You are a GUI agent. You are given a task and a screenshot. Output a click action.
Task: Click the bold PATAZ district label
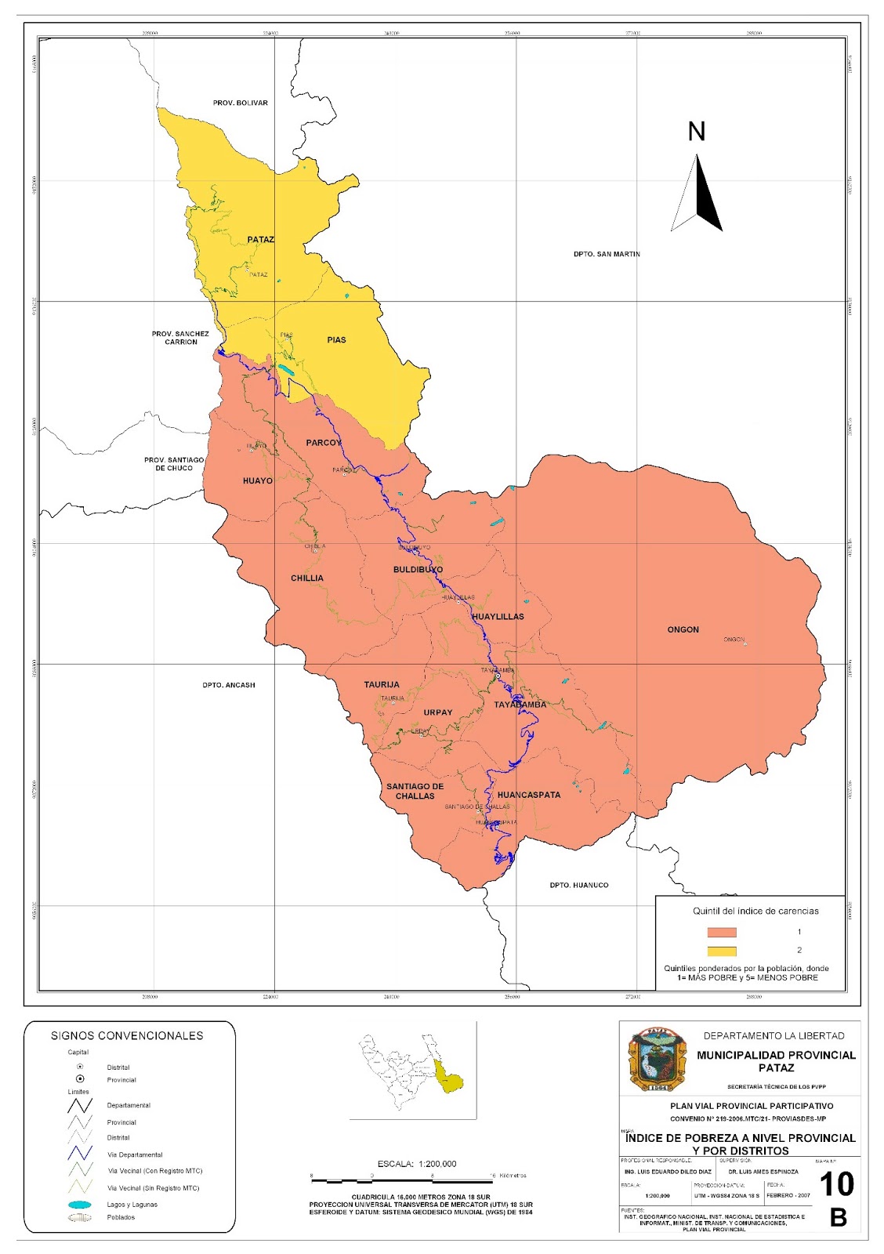260,240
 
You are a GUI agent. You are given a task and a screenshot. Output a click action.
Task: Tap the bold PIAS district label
336,340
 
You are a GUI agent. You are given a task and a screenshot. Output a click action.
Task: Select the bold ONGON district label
683,630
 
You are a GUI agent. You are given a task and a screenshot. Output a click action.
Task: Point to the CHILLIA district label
306,578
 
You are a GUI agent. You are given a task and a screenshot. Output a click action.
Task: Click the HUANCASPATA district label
529,795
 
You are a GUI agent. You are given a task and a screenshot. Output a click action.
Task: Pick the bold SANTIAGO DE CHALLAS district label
415,792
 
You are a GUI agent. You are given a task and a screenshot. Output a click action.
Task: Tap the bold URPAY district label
437,713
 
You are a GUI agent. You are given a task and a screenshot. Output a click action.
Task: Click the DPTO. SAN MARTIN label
606,254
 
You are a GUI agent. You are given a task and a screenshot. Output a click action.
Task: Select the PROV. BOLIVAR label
240,103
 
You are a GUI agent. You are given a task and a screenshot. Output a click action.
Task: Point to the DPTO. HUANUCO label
578,886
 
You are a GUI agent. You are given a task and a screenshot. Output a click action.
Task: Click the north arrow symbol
697,193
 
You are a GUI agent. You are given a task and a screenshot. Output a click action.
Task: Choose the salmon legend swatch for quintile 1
721,933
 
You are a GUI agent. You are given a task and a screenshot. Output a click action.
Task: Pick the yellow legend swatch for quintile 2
721,951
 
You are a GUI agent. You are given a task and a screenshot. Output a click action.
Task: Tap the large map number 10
836,1184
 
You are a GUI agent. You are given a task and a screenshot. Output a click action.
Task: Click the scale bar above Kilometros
402,1180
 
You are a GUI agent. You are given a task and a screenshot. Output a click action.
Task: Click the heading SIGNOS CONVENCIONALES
127,1036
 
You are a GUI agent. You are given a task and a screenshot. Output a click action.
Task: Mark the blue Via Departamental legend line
80,1154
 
